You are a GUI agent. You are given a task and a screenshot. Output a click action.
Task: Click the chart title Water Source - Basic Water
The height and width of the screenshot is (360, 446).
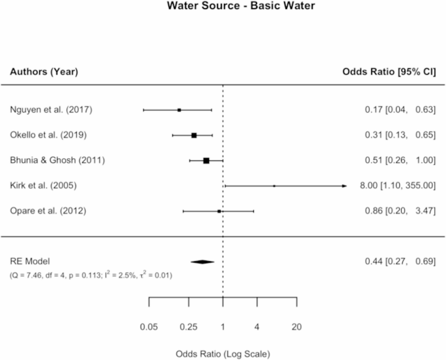tap(223, 8)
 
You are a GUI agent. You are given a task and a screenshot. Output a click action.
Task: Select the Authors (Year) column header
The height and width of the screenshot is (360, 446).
tap(44, 72)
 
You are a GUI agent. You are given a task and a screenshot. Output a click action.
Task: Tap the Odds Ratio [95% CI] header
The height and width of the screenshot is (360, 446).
tap(389, 72)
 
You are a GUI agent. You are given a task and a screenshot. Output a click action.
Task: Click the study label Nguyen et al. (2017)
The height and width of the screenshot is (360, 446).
tap(51, 109)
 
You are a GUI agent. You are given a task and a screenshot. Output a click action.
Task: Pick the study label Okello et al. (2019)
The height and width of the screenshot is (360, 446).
tap(49, 135)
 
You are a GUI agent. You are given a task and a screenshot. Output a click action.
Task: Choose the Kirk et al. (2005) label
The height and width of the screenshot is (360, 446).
tap(43, 186)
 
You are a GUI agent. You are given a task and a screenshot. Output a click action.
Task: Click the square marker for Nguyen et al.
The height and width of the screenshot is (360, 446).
tap(179, 110)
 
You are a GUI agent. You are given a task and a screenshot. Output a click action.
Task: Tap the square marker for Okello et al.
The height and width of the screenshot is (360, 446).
tap(194, 135)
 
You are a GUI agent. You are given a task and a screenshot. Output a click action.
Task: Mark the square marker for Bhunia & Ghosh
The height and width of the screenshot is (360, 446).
tap(206, 160)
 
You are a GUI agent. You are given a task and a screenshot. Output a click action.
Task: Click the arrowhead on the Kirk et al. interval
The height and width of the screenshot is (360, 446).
tap(344, 186)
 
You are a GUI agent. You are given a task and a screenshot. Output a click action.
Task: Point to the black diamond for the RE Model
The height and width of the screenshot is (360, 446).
tap(202, 262)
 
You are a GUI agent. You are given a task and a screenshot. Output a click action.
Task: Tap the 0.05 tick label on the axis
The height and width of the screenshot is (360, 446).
tap(149, 326)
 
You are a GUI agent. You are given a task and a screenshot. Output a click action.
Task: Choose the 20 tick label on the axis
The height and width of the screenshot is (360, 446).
tap(297, 326)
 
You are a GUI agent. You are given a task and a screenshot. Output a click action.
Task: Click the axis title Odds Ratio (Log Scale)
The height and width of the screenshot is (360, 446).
tap(223, 354)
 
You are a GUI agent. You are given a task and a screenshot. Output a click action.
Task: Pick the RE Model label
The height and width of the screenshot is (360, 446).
tap(29, 261)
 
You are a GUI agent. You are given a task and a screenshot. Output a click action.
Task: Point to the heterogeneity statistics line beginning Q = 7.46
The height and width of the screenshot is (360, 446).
tap(91, 275)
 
